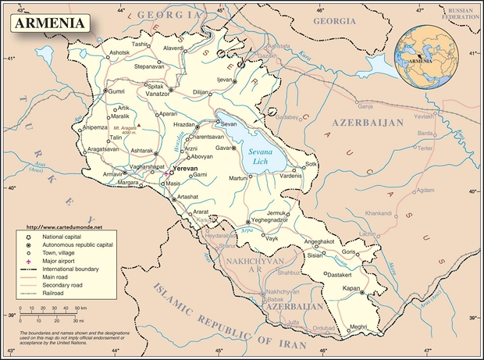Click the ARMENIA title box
pyautogui.click(x=48, y=23)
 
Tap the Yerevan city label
pyautogui.click(x=186, y=168)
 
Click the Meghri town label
pyautogui.click(x=358, y=326)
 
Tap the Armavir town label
pyautogui.click(x=113, y=173)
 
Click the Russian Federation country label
pyautogui.click(x=458, y=14)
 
